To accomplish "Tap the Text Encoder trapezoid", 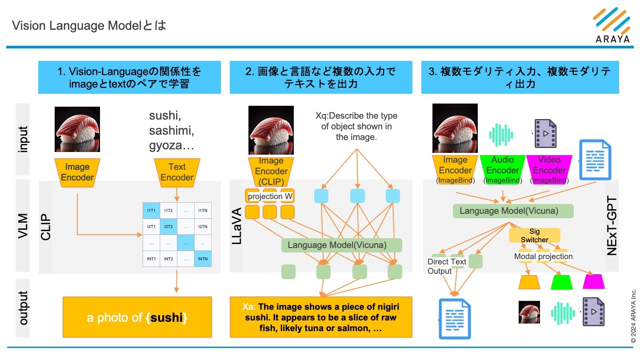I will click(x=177, y=172).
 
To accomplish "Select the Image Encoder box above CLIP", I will click(x=77, y=172).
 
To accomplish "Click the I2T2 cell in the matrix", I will click(x=168, y=226).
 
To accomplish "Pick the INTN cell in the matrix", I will click(x=203, y=258).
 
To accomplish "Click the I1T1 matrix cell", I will click(x=151, y=210).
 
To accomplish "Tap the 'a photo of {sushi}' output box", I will click(x=137, y=318).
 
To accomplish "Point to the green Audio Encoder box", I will click(x=502, y=169).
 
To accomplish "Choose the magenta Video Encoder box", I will click(x=549, y=169).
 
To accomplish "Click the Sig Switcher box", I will click(x=534, y=236).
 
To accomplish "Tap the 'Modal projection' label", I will click(x=543, y=256).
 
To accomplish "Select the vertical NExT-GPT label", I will click(x=612, y=227).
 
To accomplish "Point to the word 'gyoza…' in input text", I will click(x=172, y=145).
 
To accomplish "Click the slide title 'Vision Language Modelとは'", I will click(x=89, y=25).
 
